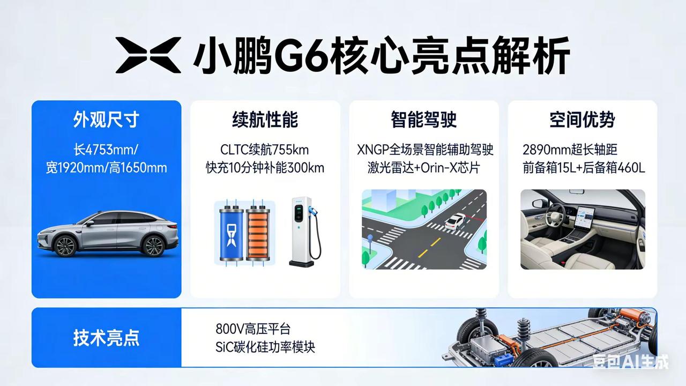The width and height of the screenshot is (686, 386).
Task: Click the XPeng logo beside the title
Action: [x=148, y=55]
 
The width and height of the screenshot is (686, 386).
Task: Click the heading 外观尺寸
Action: [x=106, y=120]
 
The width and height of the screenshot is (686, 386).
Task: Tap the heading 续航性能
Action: [x=265, y=120]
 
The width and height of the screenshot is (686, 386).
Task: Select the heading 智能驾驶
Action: [x=424, y=120]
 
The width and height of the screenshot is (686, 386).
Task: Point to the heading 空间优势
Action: [x=582, y=120]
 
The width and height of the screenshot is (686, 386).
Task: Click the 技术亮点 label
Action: [x=106, y=338]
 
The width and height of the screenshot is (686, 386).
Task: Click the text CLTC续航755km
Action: [x=265, y=149]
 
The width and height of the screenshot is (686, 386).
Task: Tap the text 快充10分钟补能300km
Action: [x=265, y=167]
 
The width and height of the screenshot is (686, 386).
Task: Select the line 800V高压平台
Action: [x=253, y=328]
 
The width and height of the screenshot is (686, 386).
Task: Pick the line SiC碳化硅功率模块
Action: [x=265, y=346]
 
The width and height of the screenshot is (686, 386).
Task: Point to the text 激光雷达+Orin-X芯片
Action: [x=423, y=167]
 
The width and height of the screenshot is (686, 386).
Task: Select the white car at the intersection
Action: [x=455, y=220]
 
